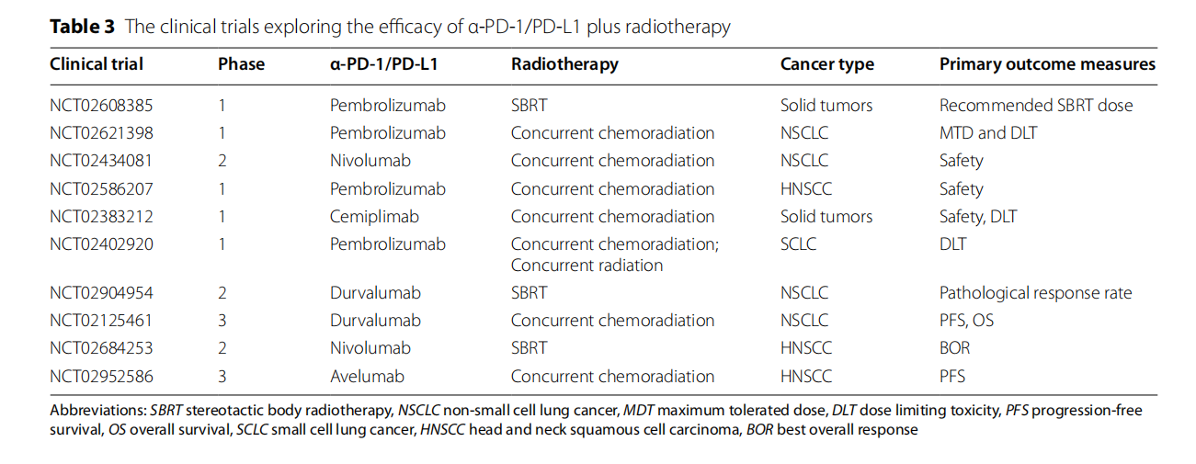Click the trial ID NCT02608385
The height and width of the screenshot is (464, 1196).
pyautogui.click(x=101, y=105)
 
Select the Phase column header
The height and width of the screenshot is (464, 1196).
pyautogui.click(x=241, y=64)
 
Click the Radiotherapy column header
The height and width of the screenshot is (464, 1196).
pyautogui.click(x=564, y=64)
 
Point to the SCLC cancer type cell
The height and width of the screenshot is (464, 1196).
pyautogui.click(x=798, y=244)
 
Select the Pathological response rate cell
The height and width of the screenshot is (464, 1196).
pyautogui.click(x=1035, y=293)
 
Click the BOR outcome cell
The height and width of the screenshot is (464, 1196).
pyautogui.click(x=954, y=348)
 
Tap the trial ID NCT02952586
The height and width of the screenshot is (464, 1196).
pyautogui.click(x=101, y=376)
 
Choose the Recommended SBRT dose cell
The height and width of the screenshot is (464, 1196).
pyautogui.click(x=1036, y=105)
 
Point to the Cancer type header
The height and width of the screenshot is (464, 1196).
pyautogui.click(x=826, y=64)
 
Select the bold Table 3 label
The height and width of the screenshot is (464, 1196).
pyautogui.click(x=82, y=26)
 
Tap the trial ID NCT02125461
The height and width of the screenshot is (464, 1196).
pyautogui.click(x=101, y=321)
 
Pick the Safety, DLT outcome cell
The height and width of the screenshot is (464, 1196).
pyautogui.click(x=978, y=217)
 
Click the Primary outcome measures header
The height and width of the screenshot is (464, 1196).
pyautogui.click(x=1047, y=64)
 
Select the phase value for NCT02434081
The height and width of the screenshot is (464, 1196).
pyautogui.click(x=222, y=161)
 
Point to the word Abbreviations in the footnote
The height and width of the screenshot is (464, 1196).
pyautogui.click(x=97, y=411)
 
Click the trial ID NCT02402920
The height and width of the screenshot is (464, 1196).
pyautogui.click(x=101, y=244)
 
